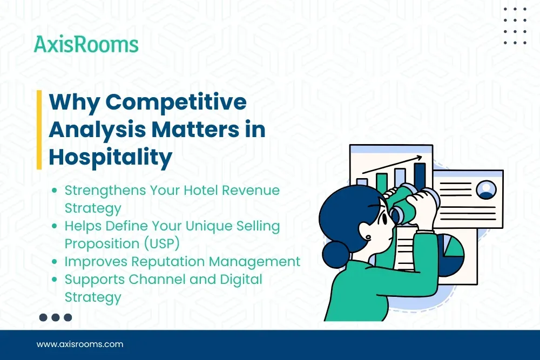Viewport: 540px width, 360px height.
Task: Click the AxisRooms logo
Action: pos(86,44)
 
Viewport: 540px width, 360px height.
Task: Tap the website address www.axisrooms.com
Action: pos(80,344)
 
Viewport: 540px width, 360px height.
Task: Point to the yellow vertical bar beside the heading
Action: pos(39,130)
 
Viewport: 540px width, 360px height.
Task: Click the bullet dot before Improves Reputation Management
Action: pos(55,262)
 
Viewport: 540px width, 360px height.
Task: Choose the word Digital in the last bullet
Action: pos(237,279)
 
